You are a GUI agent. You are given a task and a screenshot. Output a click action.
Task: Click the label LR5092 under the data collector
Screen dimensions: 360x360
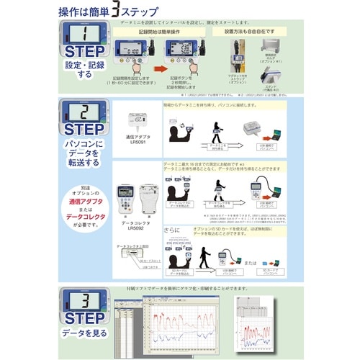pos(138,228)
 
